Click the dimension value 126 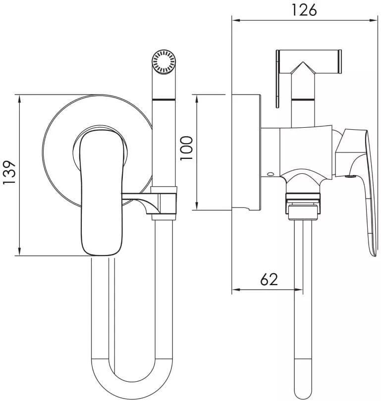pyautogui.click(x=304, y=10)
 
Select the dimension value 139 pyautogui.click(x=9, y=172)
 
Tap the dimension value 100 pyautogui.click(x=186, y=149)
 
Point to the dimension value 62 pyautogui.click(x=269, y=279)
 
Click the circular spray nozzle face pyautogui.click(x=163, y=62)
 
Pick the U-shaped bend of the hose pyautogui.click(x=132, y=378)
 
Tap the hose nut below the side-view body pyautogui.click(x=303, y=206)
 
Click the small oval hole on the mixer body pyautogui.click(x=270, y=174)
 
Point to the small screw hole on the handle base pyautogui.click(x=350, y=176)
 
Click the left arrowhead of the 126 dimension pyautogui.click(x=236, y=20)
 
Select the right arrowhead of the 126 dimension pyautogui.click(x=374, y=20)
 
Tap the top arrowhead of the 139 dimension pyautogui.click(x=19, y=99)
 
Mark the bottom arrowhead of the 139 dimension pyautogui.click(x=19, y=251)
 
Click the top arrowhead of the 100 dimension pyautogui.click(x=197, y=99)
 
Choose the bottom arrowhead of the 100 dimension pyautogui.click(x=197, y=206)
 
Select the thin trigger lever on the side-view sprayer pyautogui.click(x=277, y=79)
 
